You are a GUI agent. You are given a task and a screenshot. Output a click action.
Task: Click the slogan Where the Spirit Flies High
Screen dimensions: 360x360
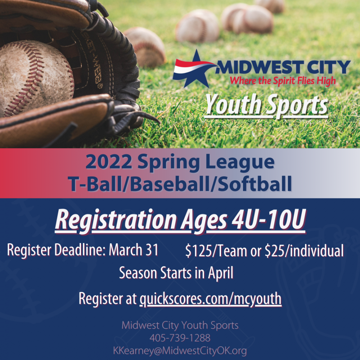click(x=283, y=80)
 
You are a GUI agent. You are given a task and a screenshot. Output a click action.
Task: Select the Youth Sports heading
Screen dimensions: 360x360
click(x=266, y=105)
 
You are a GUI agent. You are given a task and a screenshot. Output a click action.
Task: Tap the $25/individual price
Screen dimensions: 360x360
click(x=304, y=251)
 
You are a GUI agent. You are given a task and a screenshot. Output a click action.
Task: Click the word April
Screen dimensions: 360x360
click(x=220, y=273)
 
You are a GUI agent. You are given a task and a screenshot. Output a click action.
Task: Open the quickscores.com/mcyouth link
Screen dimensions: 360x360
click(x=210, y=299)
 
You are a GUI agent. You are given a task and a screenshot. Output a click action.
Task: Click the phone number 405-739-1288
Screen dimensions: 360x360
click(x=180, y=338)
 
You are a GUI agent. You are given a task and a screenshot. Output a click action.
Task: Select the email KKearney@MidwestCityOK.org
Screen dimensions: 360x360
click(x=180, y=351)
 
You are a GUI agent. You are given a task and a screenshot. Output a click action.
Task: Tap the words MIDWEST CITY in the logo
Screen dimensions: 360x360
click(x=284, y=67)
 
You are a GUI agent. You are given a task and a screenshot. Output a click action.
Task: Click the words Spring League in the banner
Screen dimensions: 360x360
click(x=206, y=162)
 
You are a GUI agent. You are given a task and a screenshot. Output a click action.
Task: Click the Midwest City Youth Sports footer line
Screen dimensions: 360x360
click(x=180, y=325)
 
